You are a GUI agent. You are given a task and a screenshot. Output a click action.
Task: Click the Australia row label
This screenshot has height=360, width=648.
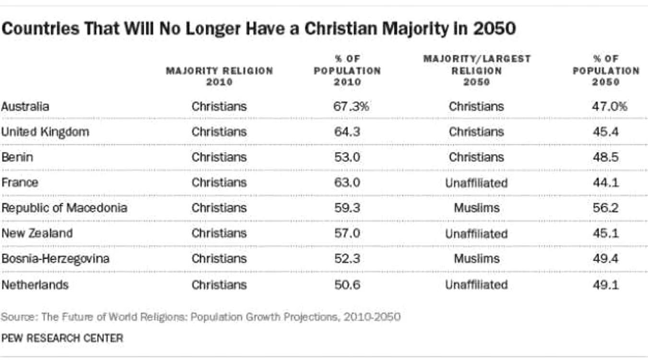[x=25, y=107]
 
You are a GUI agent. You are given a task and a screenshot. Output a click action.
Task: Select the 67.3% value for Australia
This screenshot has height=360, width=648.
[x=351, y=107]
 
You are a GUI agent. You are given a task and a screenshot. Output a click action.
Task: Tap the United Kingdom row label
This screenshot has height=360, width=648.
[x=45, y=132]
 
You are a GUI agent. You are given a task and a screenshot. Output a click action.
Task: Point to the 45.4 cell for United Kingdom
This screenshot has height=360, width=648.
[x=605, y=132]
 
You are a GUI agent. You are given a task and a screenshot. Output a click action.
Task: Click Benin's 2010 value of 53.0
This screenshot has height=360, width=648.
[x=347, y=157]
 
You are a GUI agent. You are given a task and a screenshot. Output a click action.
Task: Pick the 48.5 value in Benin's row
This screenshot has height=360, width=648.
[x=605, y=157]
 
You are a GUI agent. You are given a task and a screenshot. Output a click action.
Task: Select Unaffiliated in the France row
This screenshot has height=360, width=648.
[x=476, y=183]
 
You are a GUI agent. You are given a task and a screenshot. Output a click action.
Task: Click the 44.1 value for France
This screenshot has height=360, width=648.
[x=605, y=182]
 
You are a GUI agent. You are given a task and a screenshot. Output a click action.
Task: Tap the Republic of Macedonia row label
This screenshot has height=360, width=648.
[x=64, y=208]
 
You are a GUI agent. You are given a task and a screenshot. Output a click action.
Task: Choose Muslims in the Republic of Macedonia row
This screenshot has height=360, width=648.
[x=477, y=208]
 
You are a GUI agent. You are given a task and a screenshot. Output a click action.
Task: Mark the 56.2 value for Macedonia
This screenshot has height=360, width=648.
[x=605, y=208]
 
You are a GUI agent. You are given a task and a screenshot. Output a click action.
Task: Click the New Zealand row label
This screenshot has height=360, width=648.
[x=37, y=233]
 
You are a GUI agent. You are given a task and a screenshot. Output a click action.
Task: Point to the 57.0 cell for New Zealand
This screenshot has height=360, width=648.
[x=347, y=233]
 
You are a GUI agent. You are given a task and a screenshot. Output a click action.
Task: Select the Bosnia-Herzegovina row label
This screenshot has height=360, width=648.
[x=55, y=259]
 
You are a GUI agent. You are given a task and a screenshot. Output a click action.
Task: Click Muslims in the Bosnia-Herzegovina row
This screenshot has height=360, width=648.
[x=477, y=259]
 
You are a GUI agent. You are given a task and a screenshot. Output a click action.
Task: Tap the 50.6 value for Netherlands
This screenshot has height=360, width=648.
[x=347, y=285]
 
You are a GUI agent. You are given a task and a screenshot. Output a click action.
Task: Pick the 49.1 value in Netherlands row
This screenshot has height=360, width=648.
[x=605, y=285]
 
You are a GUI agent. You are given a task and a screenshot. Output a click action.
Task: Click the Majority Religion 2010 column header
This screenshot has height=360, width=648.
[x=220, y=76]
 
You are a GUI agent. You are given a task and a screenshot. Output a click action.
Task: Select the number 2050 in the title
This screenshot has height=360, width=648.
[x=495, y=29]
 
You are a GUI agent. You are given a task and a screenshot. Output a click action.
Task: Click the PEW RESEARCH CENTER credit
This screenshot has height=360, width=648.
[x=62, y=338]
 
